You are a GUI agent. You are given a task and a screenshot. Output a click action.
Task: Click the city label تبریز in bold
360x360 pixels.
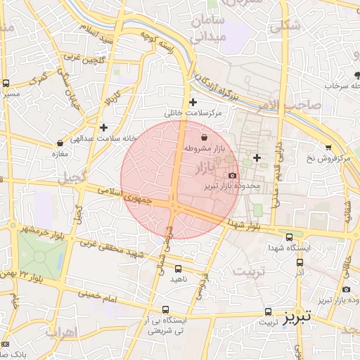pos(296,318)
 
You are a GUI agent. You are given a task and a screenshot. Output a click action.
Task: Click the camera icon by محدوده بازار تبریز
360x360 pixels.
pos(233,175)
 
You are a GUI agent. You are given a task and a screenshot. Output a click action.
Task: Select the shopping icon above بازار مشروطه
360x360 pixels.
pos(204,137)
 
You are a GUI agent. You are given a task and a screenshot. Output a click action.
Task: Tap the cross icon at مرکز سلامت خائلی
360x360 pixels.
pos(193,102)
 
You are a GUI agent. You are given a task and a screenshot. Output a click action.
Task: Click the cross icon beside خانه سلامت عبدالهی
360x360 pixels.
pos(104,127)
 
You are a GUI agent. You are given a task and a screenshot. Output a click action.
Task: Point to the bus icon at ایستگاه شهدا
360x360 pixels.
pos(290,237)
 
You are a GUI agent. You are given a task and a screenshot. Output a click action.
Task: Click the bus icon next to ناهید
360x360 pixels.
pos(178,268)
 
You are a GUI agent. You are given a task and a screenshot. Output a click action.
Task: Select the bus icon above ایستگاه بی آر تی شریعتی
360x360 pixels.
pos(166,309)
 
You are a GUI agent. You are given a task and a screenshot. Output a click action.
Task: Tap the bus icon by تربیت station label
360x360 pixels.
pos(268,311)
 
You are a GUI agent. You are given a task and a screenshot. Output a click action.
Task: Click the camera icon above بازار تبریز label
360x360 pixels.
pos(346,290)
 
